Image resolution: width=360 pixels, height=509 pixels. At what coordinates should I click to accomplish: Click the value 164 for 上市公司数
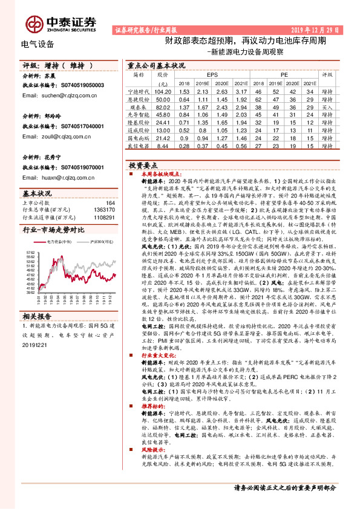coord(110,203)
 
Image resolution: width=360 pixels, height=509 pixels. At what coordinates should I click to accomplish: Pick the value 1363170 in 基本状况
coord(104,210)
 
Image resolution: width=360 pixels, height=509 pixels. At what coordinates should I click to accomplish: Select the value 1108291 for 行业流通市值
coord(104,216)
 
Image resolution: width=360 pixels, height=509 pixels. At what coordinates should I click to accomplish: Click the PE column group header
coord(284,74)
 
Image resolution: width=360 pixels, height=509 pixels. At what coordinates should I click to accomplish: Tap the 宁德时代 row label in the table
coord(139,89)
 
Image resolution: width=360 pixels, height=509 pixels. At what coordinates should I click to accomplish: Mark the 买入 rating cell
coord(327,106)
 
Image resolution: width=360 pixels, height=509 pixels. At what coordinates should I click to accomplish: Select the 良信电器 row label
coord(139,146)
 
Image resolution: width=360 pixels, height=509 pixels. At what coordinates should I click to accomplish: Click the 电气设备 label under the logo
coord(38,44)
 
